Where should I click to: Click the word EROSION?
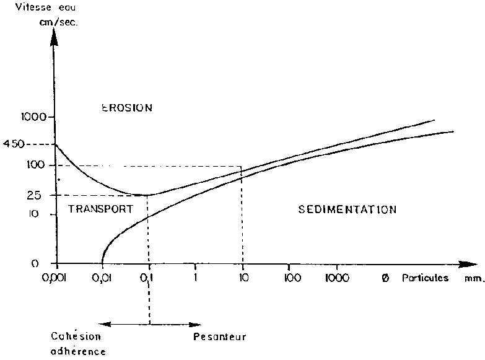coord(126,107)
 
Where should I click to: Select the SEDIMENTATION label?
coord(347,209)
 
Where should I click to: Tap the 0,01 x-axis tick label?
coord(103,279)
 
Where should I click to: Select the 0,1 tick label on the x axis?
coord(149,279)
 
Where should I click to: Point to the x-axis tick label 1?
coord(196,279)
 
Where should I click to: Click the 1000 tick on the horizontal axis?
coord(337,279)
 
